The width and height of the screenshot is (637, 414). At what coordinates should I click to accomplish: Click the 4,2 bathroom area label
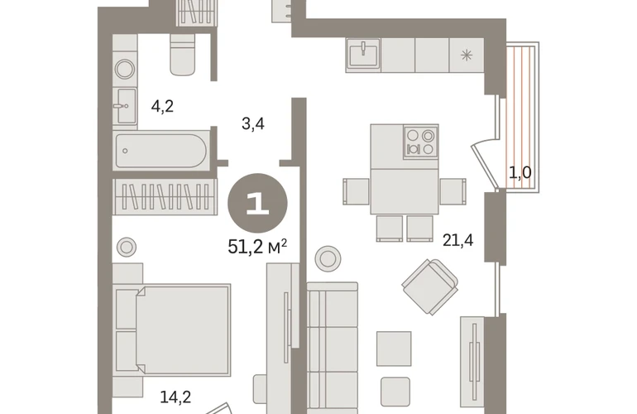click(162, 107)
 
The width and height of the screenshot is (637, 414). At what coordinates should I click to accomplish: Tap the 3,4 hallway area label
click(252, 123)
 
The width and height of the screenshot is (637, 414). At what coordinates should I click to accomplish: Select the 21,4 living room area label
click(457, 240)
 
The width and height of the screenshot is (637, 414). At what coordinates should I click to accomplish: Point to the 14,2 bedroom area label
click(175, 397)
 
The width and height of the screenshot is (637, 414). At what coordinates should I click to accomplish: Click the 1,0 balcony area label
click(520, 173)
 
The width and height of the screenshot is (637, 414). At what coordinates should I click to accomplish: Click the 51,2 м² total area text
click(257, 246)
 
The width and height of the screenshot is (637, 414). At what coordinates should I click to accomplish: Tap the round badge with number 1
click(257, 203)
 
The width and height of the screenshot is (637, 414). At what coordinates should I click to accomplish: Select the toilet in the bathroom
click(182, 55)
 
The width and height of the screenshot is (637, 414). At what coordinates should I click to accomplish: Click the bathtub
click(160, 151)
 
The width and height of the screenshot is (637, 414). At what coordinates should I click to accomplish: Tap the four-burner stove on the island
click(420, 142)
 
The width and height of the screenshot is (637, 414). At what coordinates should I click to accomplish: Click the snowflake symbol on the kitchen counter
click(467, 55)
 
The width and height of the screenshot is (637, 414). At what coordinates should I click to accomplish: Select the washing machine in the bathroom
click(125, 69)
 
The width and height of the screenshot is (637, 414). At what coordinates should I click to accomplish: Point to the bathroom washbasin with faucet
click(125, 106)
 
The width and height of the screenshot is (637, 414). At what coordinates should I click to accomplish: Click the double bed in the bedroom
click(173, 329)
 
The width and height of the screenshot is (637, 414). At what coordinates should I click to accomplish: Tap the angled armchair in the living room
click(430, 286)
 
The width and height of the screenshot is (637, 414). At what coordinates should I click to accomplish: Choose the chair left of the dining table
click(357, 191)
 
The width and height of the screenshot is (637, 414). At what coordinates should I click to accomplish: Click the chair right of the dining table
click(453, 191)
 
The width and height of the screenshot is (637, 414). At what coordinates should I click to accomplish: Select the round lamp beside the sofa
click(328, 258)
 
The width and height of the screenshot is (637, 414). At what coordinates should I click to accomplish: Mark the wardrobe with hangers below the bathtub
click(165, 196)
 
